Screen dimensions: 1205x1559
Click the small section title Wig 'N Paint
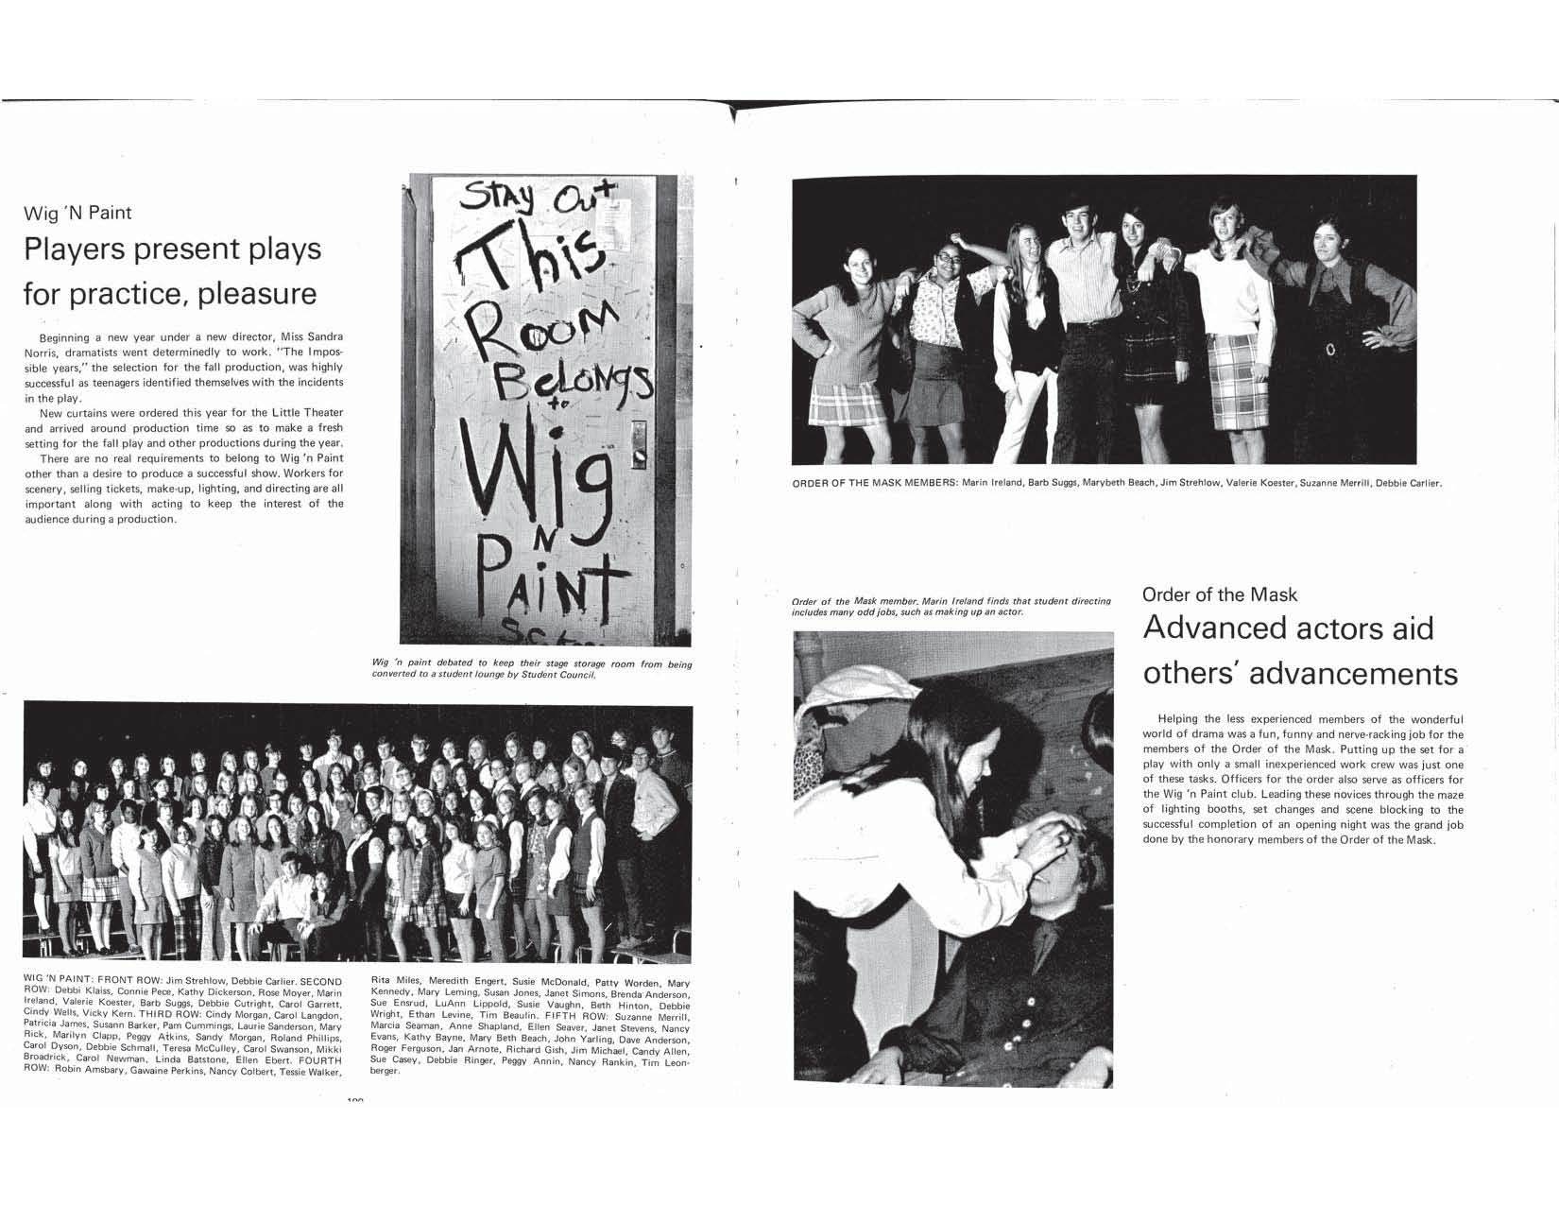tap(77, 213)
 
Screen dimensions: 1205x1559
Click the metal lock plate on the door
tap(639, 444)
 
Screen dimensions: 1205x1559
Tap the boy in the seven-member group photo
tap(1082, 302)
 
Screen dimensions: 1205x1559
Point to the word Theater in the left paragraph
tap(320, 412)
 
